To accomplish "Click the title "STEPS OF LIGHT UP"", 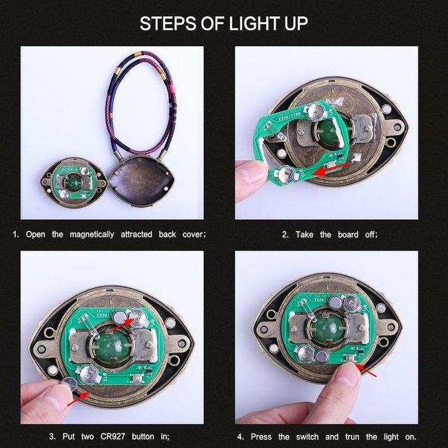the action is [x=224, y=23].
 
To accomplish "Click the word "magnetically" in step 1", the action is [x=92, y=234].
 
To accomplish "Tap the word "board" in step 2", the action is [x=348, y=234].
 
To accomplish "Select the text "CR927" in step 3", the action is [x=112, y=436].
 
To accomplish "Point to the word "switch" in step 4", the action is [x=307, y=437].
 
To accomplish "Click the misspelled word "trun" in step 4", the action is [x=352, y=437].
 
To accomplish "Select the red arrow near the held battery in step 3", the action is [x=78, y=399].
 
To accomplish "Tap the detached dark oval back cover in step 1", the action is [x=141, y=181].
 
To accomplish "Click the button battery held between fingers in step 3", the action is [x=70, y=384].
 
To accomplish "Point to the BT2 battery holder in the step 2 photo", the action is [x=287, y=175].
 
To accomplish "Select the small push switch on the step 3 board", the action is [x=136, y=378].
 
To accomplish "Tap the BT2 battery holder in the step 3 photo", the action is [x=89, y=374].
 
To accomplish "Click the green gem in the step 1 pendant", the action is [x=74, y=182].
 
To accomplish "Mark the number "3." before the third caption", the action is [x=52, y=436].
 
